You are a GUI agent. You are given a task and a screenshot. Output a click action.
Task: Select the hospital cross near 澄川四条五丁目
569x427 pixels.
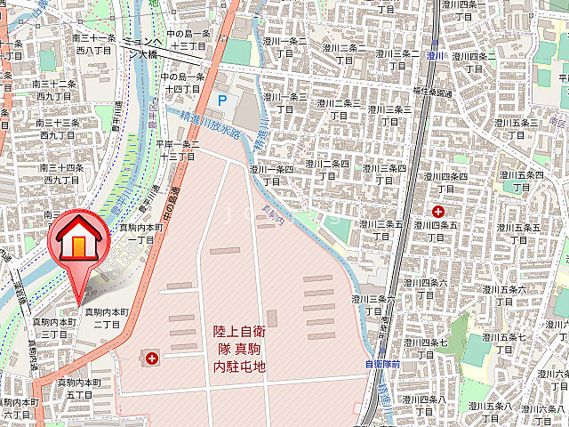[x=437, y=211]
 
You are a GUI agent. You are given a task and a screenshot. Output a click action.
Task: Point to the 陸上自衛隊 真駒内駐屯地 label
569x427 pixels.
[x=239, y=348]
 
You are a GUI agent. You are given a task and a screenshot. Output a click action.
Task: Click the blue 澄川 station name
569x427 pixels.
[x=435, y=55]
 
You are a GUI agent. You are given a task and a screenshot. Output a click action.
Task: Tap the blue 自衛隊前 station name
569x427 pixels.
[x=383, y=364]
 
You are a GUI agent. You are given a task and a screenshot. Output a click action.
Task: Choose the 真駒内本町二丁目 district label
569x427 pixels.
[x=102, y=318]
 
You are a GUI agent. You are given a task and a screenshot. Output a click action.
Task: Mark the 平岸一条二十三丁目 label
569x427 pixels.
[x=178, y=149]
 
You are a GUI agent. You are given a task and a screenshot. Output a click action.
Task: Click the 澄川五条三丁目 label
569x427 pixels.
[x=517, y=128]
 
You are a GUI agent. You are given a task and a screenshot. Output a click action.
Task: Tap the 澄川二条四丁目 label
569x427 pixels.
[x=326, y=169]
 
